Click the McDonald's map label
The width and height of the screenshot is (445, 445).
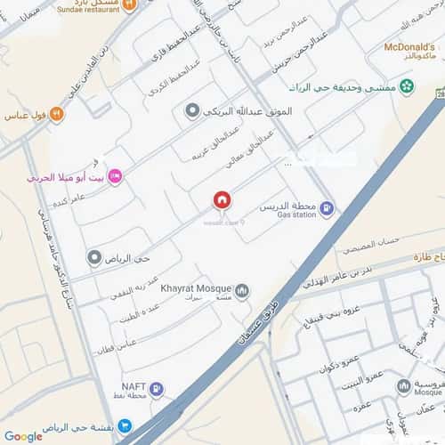[x=408, y=45]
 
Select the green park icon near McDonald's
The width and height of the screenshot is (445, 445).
[x=407, y=86]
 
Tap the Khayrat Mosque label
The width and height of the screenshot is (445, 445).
[x=196, y=287]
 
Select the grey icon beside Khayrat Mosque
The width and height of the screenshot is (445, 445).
[x=243, y=290]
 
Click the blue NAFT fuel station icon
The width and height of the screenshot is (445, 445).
[x=157, y=388]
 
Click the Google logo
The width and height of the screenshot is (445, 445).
[x=22, y=436]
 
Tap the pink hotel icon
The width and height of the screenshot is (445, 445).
[x=115, y=178]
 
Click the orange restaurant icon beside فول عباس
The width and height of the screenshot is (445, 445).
[x=57, y=113]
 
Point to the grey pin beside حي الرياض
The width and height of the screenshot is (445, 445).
[x=94, y=258]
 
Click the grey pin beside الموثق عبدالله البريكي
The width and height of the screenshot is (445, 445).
[x=191, y=110]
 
